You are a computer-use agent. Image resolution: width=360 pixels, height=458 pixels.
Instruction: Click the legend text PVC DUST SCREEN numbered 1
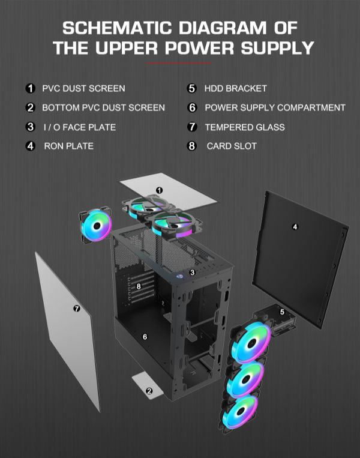tap(83, 88)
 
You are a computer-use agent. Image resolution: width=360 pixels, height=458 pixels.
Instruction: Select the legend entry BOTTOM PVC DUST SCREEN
tap(103, 107)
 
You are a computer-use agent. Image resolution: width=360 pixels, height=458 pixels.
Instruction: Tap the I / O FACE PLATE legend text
tap(79, 127)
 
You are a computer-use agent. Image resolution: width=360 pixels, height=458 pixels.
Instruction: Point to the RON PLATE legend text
tap(68, 146)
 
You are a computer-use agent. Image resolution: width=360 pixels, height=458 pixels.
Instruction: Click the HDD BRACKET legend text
tap(236, 88)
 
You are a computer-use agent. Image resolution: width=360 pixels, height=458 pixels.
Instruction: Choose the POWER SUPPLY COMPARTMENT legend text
tap(275, 107)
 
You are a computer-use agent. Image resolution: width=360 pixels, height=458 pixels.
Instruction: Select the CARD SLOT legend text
tap(232, 146)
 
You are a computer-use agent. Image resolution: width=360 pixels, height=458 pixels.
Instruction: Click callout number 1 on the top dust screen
tap(159, 190)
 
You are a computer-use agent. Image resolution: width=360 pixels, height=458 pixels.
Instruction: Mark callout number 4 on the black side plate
tap(295, 226)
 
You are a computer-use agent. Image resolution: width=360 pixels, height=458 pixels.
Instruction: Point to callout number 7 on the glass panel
tap(76, 309)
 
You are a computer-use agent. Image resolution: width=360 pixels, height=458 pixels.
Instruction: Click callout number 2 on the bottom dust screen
tap(149, 390)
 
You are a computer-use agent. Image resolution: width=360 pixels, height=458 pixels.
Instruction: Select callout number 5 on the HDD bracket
tap(282, 312)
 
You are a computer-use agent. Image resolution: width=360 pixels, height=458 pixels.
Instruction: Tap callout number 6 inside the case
tap(145, 337)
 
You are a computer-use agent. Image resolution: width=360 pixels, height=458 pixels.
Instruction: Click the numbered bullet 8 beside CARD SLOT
tap(192, 146)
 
